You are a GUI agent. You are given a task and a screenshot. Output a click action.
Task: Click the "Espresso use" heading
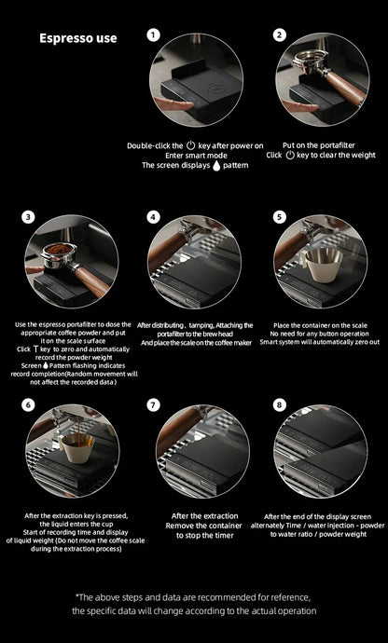pos(78,38)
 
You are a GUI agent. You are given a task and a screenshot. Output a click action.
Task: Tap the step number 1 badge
pos(153,35)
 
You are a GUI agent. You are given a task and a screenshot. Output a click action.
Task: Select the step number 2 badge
pos(279,35)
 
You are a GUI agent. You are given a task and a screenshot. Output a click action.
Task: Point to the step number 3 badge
pos(28,217)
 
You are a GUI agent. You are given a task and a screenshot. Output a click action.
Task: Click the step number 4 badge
pos(153,217)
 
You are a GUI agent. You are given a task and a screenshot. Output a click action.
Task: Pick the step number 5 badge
pos(279,217)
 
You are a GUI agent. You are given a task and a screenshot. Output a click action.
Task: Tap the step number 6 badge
pos(28,405)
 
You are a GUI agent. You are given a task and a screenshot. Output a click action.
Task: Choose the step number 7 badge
pos(153,405)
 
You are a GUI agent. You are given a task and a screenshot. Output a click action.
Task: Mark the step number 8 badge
pos(279,405)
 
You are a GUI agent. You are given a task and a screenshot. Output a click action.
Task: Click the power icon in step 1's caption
pos(190,145)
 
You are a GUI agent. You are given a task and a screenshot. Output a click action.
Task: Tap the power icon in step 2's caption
pos(290,155)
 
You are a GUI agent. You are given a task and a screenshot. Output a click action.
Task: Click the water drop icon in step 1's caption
pos(216,166)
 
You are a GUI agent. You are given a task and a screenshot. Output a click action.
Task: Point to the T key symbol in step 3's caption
pos(35,349)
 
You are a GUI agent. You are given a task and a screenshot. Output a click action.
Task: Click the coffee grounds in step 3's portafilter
pos(59,249)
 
